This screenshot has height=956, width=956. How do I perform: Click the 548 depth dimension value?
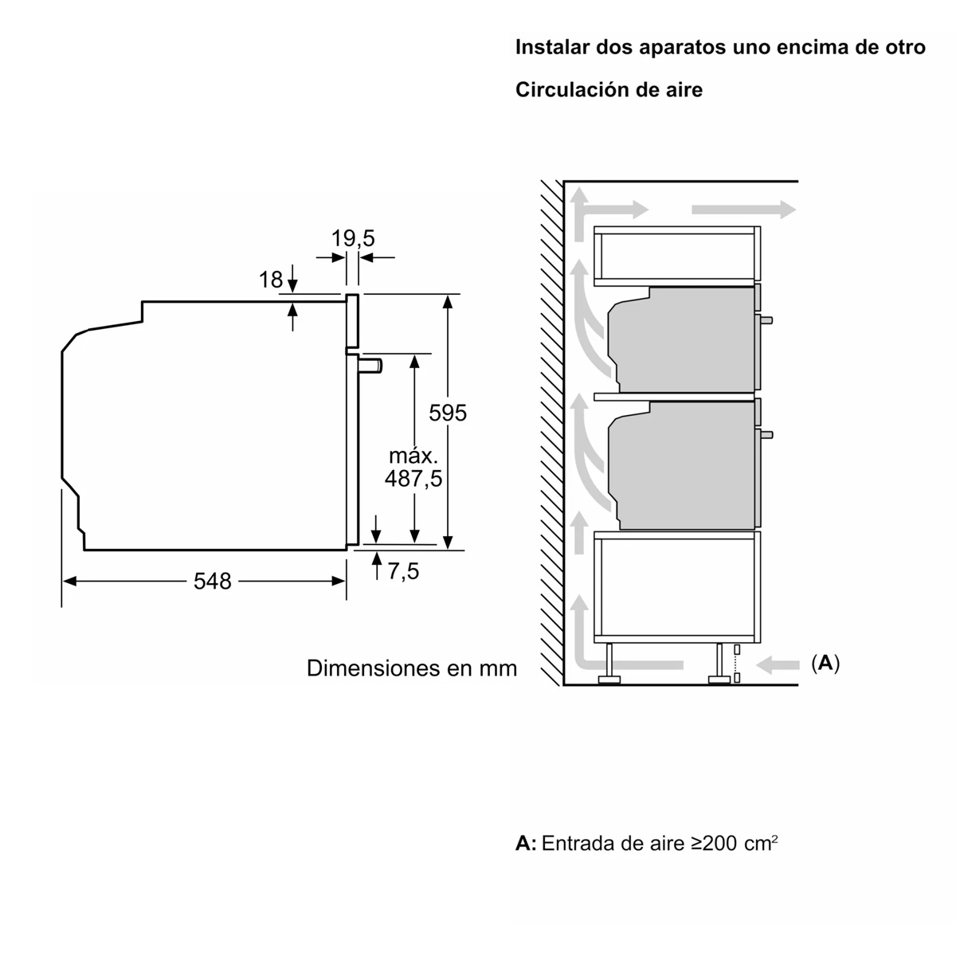212,581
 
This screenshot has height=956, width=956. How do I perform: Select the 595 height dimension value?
448,413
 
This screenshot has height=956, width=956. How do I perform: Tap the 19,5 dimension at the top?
353,238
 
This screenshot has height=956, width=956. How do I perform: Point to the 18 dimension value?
271,280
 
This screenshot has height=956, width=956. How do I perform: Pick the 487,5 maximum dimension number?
413,479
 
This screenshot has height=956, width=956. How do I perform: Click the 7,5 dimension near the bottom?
403,571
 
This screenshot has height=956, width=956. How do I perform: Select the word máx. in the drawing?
413,455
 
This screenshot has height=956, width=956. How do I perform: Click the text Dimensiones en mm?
412,668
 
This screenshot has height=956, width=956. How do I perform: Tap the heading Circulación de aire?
609,90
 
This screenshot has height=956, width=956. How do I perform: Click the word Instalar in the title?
551,47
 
